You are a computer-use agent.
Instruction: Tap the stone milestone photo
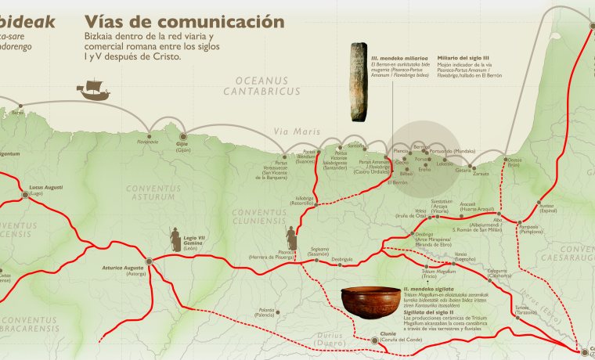[359, 80]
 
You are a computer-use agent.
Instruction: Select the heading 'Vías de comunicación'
[183, 21]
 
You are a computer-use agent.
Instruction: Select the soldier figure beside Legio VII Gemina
[172, 239]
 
